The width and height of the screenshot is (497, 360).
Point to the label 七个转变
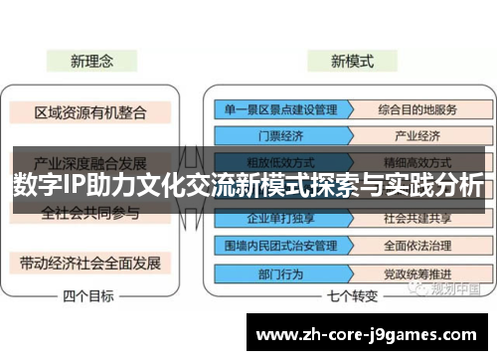[x=353, y=295]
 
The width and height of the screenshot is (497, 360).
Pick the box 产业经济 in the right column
[x=416, y=136]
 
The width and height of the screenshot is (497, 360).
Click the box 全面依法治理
[x=416, y=243]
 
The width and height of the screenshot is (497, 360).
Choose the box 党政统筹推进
[x=416, y=270]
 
